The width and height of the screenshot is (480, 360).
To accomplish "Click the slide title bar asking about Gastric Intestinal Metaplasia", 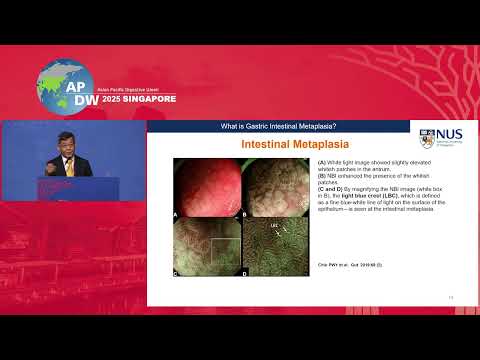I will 277,125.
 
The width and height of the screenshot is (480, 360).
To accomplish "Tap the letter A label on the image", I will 177,214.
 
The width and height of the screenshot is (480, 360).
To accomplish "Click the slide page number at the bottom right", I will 451,297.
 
